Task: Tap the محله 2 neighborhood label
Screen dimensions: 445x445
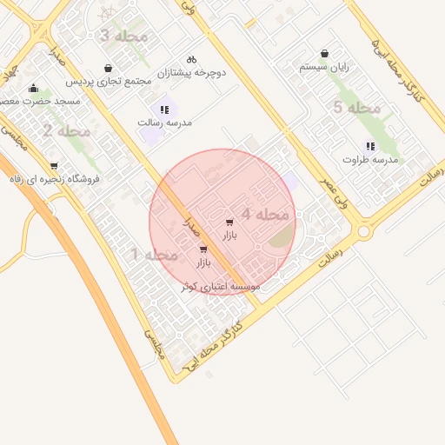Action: (66, 131)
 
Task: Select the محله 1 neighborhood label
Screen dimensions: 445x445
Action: (154, 255)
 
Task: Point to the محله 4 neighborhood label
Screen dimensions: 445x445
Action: (265, 214)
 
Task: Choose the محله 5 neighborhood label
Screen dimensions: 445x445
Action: (357, 108)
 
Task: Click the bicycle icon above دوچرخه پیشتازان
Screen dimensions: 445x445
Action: (192, 58)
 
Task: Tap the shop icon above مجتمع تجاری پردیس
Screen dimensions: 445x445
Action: (108, 67)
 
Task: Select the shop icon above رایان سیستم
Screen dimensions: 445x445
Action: (324, 53)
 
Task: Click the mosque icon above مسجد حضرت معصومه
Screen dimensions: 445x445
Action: (33, 88)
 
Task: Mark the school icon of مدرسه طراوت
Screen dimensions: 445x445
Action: (370, 146)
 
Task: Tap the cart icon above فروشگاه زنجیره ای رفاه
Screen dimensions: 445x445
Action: (54, 165)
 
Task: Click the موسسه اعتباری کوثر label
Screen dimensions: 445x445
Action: (221, 286)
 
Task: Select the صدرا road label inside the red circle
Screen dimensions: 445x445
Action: (192, 227)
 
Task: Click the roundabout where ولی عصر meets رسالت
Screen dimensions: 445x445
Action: (363, 231)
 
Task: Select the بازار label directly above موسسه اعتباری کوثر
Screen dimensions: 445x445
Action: (203, 262)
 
